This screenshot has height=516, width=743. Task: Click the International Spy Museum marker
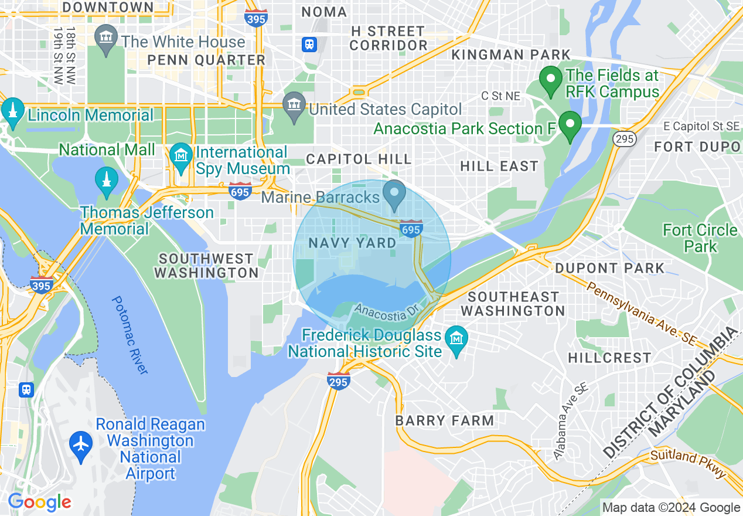click(182, 156)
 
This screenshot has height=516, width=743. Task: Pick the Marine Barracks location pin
click(394, 194)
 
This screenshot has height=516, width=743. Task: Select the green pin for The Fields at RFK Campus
click(550, 80)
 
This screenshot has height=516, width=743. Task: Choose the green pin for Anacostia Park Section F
click(569, 125)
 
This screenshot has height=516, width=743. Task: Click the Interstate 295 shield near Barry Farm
click(339, 380)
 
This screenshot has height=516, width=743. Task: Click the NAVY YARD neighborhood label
click(352, 243)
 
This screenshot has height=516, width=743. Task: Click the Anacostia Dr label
click(388, 311)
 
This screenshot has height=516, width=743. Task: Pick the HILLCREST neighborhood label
click(609, 358)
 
